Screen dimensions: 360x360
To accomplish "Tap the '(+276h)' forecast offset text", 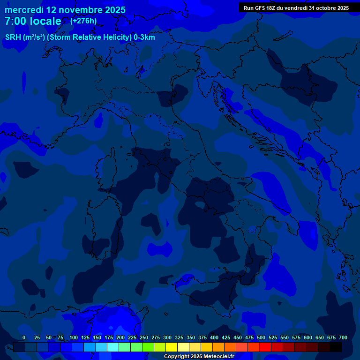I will (x=83, y=21).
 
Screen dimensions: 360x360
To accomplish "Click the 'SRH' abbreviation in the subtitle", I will (x=13, y=37).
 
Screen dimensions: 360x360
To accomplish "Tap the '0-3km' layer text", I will (x=144, y=37).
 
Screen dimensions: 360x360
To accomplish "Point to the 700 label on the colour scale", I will (x=343, y=337).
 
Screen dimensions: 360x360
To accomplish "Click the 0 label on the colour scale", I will (x=24, y=337).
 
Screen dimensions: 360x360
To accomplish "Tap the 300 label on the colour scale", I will (x=167, y=337).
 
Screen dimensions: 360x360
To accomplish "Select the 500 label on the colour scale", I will (x=261, y=337).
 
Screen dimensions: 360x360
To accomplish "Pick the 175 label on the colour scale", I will (x=109, y=337).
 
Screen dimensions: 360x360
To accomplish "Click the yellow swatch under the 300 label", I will (x=172, y=347).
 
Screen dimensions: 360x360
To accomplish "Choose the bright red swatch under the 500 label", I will (x=265, y=347).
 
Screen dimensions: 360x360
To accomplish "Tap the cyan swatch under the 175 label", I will (x=113, y=347).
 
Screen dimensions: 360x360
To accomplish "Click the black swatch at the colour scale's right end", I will (x=336, y=347).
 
